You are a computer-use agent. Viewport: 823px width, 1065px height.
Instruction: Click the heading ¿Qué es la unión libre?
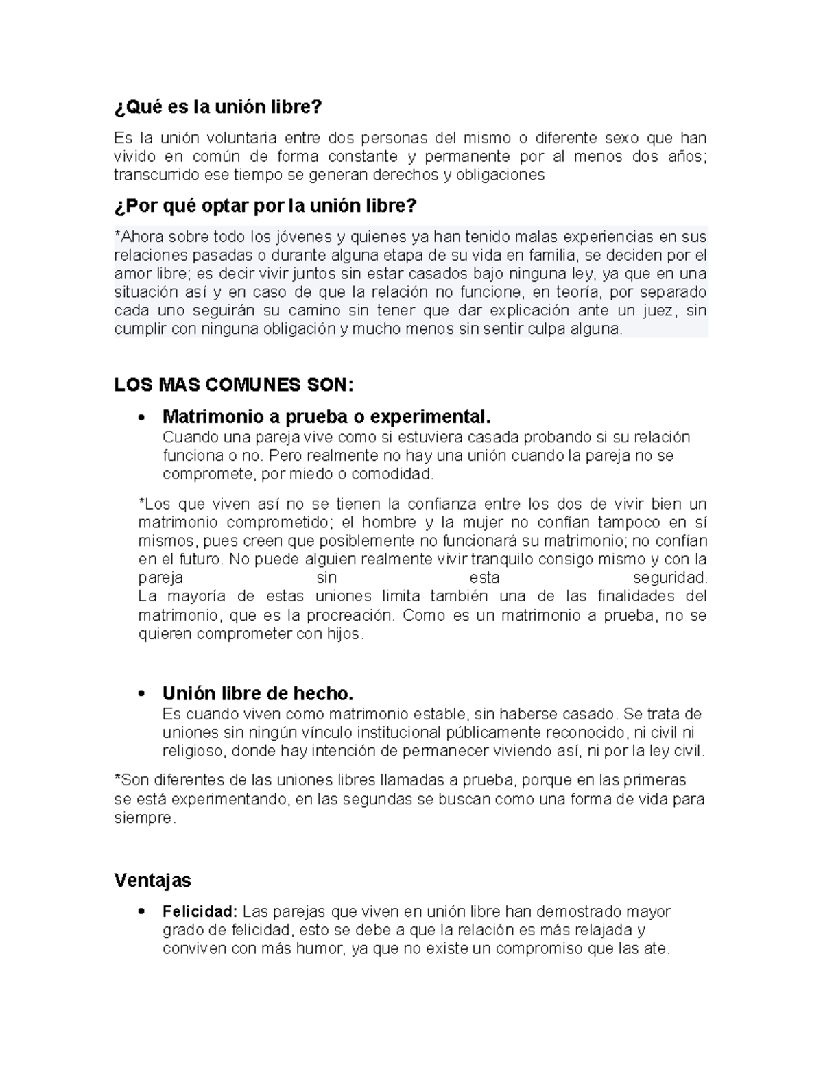(x=217, y=108)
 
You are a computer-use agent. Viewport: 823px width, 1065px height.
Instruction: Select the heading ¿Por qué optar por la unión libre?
(x=265, y=206)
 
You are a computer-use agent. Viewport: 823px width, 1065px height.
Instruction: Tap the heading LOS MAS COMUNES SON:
(x=234, y=385)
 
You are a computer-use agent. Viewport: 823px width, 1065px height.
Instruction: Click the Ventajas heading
(x=153, y=880)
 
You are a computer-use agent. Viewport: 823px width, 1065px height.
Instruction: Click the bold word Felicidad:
(x=200, y=912)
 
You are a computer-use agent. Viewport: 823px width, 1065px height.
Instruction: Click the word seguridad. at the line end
(x=669, y=577)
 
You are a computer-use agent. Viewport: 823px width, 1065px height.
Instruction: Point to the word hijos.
(x=345, y=634)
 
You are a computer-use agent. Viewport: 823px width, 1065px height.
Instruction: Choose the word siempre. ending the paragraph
(x=145, y=818)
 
